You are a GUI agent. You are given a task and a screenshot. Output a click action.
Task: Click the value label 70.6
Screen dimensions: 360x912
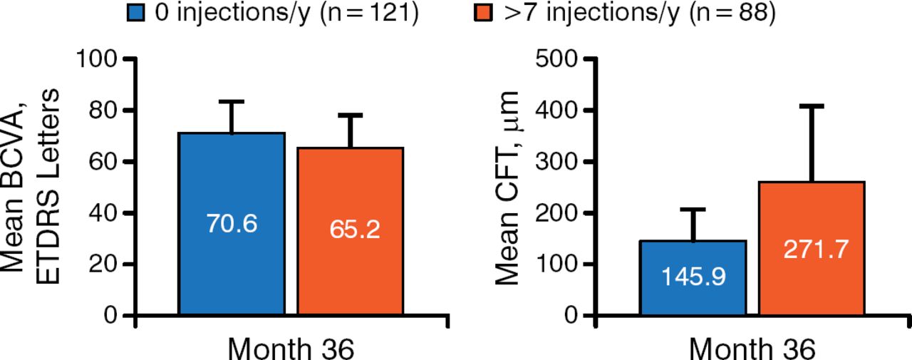[x=232, y=224]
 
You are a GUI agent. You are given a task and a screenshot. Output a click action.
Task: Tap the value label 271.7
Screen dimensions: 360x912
[x=812, y=250]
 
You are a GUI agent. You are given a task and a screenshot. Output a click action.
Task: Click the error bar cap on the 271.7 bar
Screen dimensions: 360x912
[x=812, y=106]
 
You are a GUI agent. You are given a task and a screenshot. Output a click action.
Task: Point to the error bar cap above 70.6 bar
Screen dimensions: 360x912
[x=232, y=101]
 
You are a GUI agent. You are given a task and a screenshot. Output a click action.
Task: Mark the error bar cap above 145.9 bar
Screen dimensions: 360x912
[x=693, y=209]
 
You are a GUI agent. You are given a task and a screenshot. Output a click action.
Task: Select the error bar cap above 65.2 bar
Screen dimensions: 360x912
[x=350, y=115]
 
